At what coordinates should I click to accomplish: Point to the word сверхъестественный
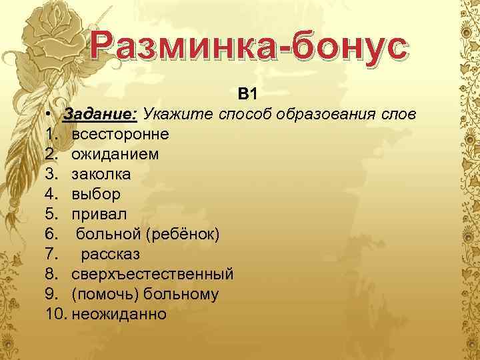[x=153, y=273]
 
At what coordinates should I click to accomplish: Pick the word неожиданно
[x=119, y=313]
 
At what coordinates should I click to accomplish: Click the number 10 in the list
[x=56, y=313]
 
